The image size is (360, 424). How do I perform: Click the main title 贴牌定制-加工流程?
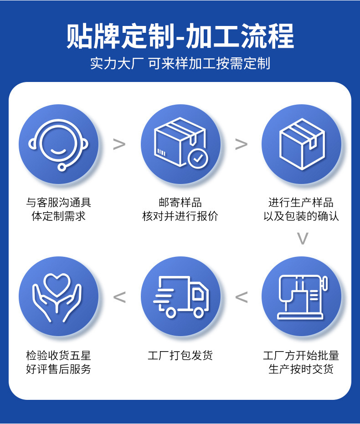[180, 36]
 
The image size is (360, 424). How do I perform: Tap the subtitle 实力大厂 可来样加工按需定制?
[180, 64]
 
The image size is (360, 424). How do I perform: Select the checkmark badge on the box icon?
[198, 158]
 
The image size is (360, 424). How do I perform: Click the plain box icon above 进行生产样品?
[302, 144]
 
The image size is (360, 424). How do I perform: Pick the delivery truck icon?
[180, 296]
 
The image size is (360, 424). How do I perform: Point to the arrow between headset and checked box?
[119, 144]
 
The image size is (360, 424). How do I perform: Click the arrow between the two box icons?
[241, 144]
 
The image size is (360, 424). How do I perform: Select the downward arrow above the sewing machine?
[303, 238]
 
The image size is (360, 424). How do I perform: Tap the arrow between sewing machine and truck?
[241, 297]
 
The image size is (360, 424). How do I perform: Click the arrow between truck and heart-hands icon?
[119, 297]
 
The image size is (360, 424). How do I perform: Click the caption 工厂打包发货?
[180, 355]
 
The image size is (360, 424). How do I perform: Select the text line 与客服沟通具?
[58, 202]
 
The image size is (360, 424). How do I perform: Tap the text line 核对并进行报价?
[180, 216]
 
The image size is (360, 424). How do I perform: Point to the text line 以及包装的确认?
[301, 216]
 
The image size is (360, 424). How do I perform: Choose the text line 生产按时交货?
[301, 369]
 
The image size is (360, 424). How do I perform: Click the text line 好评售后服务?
[58, 369]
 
